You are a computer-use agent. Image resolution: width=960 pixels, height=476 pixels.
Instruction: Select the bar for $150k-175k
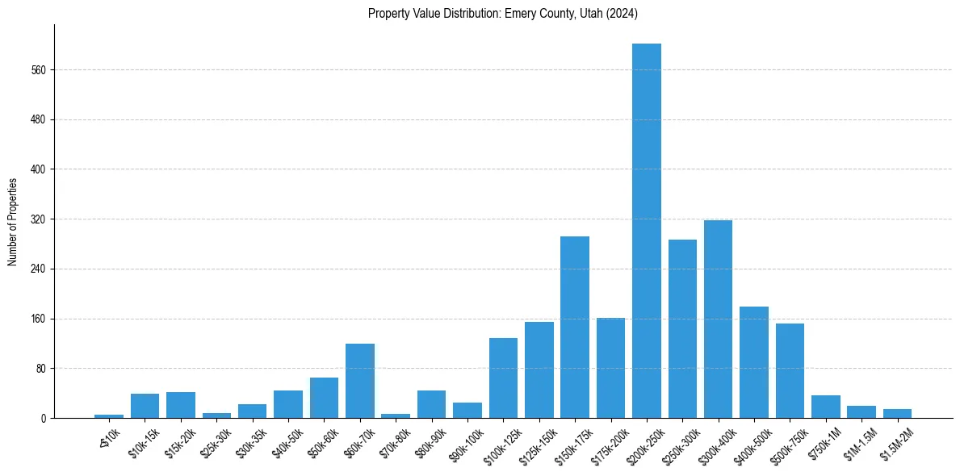click(x=574, y=327)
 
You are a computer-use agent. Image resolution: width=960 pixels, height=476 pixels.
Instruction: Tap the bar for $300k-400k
click(x=718, y=319)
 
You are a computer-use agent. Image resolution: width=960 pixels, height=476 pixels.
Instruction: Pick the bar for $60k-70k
click(x=360, y=381)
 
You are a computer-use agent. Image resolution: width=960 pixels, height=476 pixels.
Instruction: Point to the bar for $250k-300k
click(x=682, y=328)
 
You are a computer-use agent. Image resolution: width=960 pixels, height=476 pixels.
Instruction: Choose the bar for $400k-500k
click(x=753, y=362)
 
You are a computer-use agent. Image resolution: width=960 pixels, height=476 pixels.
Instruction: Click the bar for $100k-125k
click(x=503, y=378)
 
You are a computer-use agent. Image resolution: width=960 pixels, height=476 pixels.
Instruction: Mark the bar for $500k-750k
click(x=790, y=370)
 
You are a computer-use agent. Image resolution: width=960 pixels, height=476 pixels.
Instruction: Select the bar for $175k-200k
click(x=610, y=368)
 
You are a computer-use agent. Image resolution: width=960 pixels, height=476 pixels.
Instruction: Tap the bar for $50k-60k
click(x=324, y=398)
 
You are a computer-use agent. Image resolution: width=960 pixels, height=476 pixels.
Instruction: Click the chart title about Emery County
click(x=503, y=13)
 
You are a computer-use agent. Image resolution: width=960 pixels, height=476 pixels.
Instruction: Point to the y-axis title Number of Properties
click(x=13, y=221)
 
